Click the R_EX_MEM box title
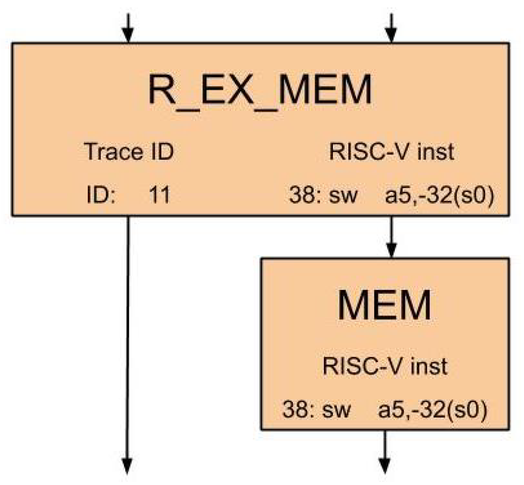tap(260, 90)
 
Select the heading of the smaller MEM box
tap(384, 305)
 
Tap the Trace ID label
tap(129, 152)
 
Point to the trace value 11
tap(159, 195)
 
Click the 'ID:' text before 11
tap(101, 195)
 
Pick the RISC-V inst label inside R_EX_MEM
tap(391, 152)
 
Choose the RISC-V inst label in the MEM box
tap(385, 366)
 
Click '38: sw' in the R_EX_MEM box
tap(323, 195)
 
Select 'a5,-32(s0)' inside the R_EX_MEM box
tap(439, 195)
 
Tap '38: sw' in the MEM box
tap(316, 409)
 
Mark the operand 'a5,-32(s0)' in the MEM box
tap(433, 409)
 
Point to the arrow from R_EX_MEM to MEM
tap(392, 237)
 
